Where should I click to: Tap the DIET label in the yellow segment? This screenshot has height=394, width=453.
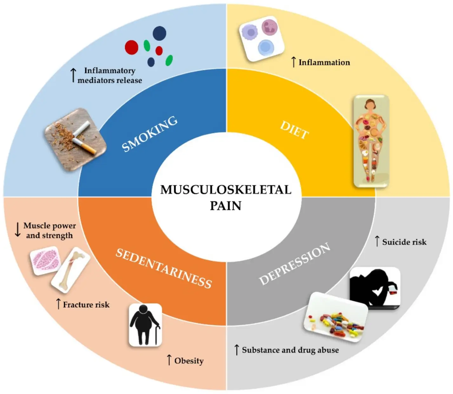[294, 130]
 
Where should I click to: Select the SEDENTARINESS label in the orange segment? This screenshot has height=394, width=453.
[163, 268]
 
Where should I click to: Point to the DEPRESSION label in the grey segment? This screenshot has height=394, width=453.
[294, 264]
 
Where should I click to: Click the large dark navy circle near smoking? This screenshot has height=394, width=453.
[159, 33]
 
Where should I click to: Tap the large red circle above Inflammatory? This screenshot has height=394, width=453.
[131, 47]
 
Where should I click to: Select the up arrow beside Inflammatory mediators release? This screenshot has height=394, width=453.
[73, 75]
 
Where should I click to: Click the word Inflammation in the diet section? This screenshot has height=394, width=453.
[324, 63]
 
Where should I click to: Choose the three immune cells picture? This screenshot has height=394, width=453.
[261, 39]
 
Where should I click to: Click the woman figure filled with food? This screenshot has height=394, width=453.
[371, 141]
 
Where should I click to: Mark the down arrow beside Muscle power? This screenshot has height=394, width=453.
[18, 230]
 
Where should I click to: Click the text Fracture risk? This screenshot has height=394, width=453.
[86, 305]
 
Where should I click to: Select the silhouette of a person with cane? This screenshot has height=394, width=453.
[145, 325]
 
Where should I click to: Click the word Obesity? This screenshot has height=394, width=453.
[189, 361]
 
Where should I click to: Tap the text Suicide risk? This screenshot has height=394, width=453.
[404, 242]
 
